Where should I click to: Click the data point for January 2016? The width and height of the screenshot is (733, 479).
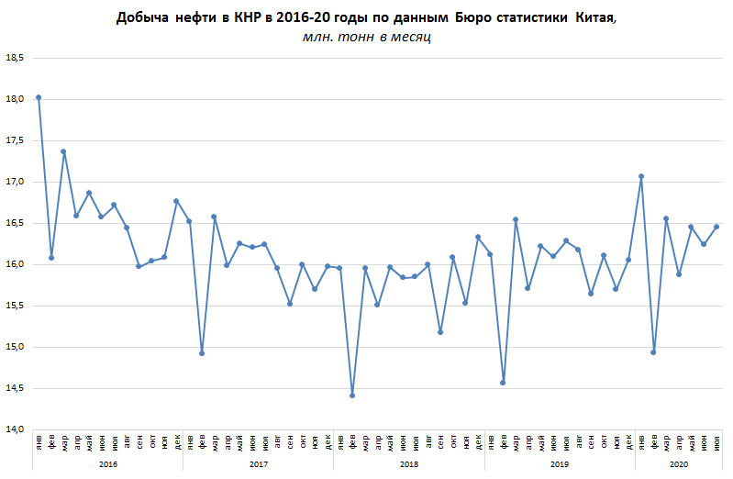[x=39, y=97]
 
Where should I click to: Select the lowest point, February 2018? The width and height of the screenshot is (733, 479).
[x=352, y=395]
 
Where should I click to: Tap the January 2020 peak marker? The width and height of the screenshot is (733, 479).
[x=641, y=176]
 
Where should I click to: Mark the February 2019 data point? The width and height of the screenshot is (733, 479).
[x=503, y=383]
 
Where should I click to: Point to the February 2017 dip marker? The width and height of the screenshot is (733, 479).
[x=202, y=353]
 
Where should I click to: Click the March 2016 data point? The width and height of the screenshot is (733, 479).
[x=63, y=151]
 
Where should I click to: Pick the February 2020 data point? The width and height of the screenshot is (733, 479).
[x=653, y=352]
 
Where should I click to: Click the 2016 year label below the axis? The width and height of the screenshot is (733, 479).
[x=107, y=464]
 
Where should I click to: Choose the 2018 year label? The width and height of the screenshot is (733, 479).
[x=408, y=464]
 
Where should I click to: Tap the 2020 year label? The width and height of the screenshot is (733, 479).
[x=679, y=464]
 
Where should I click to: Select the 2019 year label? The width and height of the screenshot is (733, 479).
[x=559, y=464]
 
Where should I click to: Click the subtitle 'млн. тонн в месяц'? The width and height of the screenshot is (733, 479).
[x=366, y=37]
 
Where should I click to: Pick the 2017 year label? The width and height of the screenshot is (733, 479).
[x=258, y=464]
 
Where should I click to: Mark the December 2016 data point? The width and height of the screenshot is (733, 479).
[x=176, y=201]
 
